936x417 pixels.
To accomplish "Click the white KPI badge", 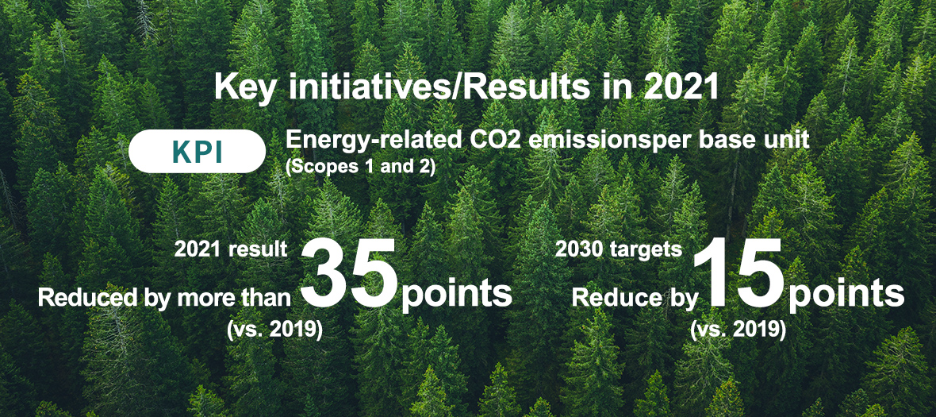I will click(197, 153).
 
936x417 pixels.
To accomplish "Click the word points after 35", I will click(456, 295).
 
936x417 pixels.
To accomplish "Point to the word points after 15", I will click(846, 295).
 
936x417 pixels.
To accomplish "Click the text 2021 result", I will click(231, 249).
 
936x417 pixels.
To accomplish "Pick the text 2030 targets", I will click(619, 249).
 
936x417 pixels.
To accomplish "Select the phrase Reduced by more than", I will click(164, 298).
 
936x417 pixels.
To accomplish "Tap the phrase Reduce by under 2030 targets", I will click(635, 298).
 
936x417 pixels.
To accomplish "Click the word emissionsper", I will click(591, 141).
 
